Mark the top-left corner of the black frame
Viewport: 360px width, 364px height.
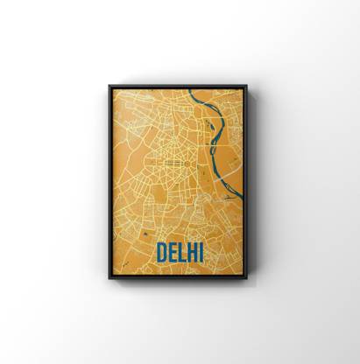pos(109,86)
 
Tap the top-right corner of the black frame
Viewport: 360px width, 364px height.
pos(246,86)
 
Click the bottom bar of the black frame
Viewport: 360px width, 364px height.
pos(178,276)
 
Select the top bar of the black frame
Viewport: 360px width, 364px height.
pos(178,87)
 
